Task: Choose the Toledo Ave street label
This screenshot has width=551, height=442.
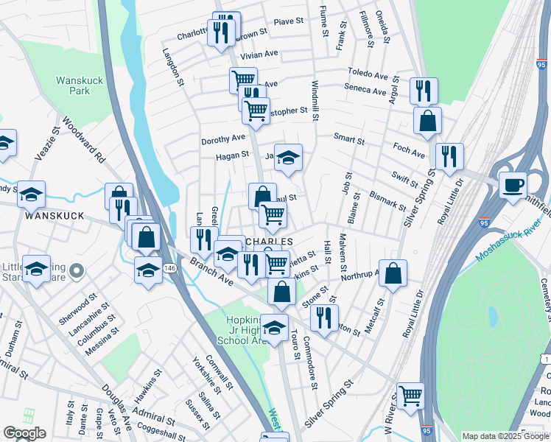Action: point(369,75)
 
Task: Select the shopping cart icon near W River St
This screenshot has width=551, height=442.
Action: point(410,395)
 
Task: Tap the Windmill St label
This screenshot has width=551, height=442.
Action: point(315,101)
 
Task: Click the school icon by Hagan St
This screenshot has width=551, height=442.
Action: point(288,157)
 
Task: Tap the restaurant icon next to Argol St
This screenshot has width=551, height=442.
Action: point(424,91)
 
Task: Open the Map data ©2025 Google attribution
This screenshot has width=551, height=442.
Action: point(505,436)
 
